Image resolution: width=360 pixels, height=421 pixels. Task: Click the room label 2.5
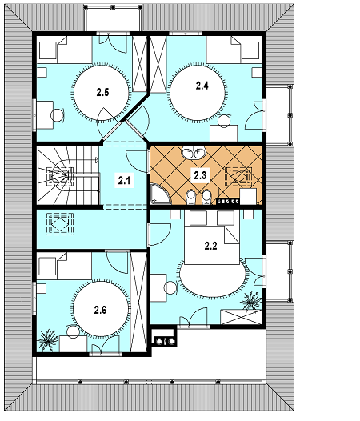click(x=103, y=92)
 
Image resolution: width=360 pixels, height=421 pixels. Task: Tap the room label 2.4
click(x=202, y=86)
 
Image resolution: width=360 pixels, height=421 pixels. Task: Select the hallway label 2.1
click(x=124, y=180)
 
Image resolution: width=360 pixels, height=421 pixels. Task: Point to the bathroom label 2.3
click(x=200, y=175)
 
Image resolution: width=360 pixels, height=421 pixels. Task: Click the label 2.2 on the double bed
click(x=211, y=246)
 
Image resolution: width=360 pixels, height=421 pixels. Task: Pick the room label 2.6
click(x=101, y=310)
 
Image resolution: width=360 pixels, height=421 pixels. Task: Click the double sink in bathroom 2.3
click(x=194, y=153)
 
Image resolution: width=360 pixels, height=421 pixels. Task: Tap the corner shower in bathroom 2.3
click(x=160, y=194)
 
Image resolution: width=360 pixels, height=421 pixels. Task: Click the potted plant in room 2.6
click(x=48, y=340)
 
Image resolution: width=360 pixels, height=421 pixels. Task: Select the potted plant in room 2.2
click(x=251, y=302)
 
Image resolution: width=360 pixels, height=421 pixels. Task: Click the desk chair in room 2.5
click(x=58, y=115)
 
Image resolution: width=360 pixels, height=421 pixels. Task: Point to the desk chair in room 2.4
click(x=225, y=121)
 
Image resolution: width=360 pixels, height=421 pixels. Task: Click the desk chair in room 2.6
click(x=73, y=331)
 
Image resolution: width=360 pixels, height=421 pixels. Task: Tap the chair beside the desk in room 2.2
click(x=170, y=287)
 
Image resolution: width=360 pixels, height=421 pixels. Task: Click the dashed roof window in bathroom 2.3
click(x=238, y=177)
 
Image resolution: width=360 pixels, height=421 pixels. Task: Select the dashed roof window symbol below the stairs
click(x=60, y=223)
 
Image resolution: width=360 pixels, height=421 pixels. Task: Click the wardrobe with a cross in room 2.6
click(x=138, y=302)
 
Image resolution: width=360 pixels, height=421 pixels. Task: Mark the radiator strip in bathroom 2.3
click(x=228, y=201)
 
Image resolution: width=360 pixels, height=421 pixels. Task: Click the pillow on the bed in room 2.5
click(x=48, y=50)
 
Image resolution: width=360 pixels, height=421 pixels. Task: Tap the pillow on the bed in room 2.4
click(x=250, y=50)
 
